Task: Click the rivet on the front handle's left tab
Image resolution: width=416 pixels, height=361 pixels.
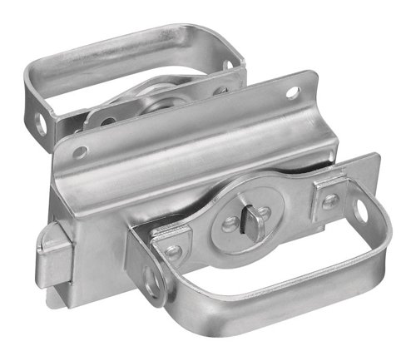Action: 172,250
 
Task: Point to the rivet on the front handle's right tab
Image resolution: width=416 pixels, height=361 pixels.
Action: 330,200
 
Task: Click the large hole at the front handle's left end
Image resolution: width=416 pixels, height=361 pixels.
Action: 151,286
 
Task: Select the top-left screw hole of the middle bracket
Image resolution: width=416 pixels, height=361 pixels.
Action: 81,152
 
